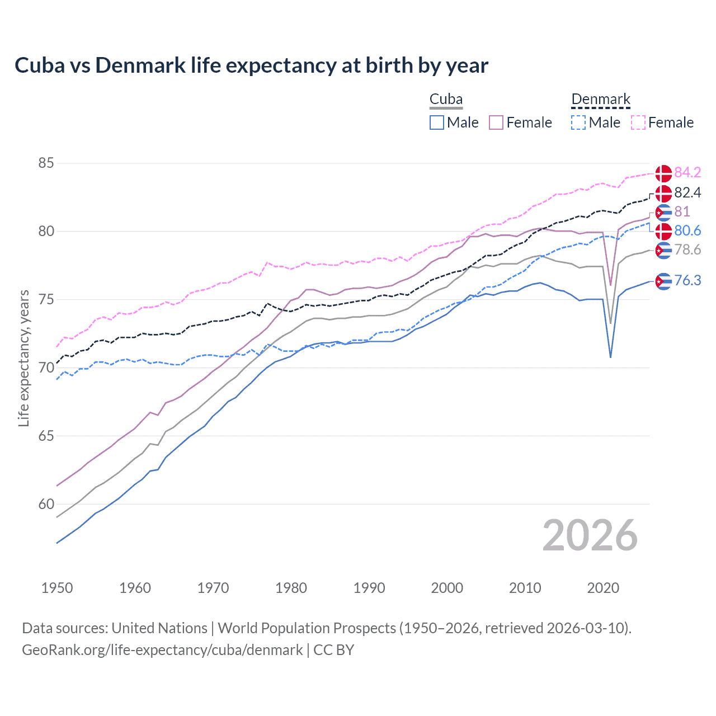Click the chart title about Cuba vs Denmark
click(x=251, y=65)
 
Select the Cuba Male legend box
click(x=437, y=123)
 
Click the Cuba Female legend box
click(x=496, y=123)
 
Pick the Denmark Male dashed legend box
click(x=578, y=123)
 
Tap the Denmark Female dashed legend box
click(x=638, y=123)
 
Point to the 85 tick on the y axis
click(x=46, y=163)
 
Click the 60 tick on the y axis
click(x=46, y=504)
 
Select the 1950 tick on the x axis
click(x=57, y=588)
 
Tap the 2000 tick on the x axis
click(x=447, y=588)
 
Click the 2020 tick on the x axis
click(x=603, y=588)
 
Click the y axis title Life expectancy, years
click(x=23, y=358)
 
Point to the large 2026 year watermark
click(x=590, y=535)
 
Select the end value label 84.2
click(x=687, y=172)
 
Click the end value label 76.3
click(x=687, y=280)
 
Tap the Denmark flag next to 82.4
click(x=663, y=193)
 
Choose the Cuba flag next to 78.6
click(x=663, y=250)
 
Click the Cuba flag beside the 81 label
click(x=663, y=212)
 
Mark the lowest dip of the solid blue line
click(x=610, y=357)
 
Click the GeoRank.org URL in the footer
click(x=162, y=650)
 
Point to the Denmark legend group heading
click(x=601, y=100)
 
